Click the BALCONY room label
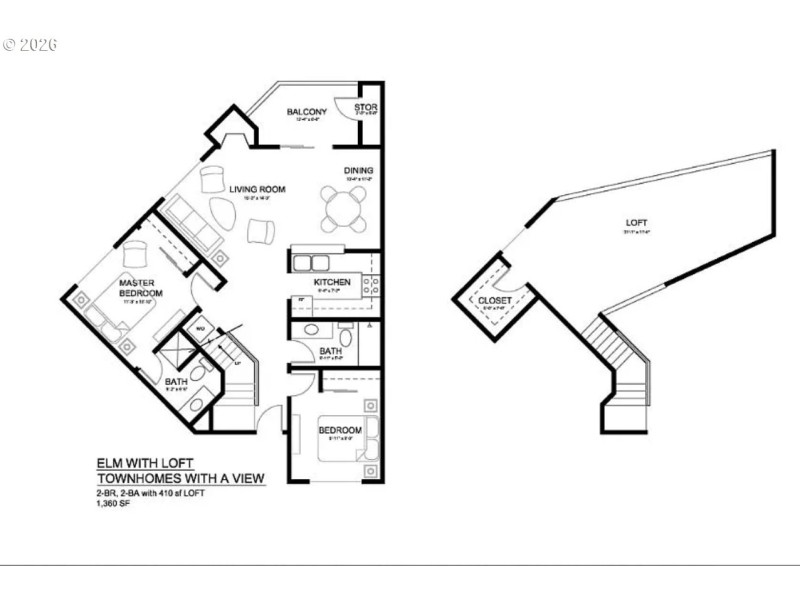pos(307,112)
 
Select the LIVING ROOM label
pos(258,188)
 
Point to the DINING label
pos(359,171)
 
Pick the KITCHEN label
pos(332,283)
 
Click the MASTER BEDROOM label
pos(136,288)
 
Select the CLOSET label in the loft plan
pos(494,299)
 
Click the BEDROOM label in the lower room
pos(340,430)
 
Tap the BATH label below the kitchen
pos(331,352)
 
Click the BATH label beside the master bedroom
pos(175,381)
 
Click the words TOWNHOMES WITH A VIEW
pos(181,479)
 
